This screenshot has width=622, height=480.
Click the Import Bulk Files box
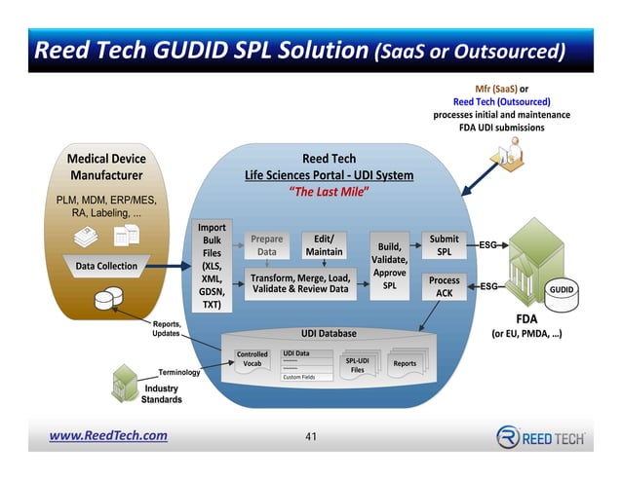[x=212, y=266]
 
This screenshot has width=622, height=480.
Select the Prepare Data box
[x=266, y=245]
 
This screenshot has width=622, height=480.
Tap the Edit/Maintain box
[x=324, y=245]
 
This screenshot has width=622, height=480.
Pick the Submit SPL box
[x=444, y=245]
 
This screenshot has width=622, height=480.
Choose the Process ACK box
[x=444, y=286]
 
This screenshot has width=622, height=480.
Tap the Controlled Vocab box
[x=253, y=359]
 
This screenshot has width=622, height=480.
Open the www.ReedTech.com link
[x=108, y=435]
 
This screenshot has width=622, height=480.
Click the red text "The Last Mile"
[x=329, y=192]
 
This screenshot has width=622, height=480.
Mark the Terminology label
[x=179, y=372]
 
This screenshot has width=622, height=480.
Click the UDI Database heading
[x=329, y=333]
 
